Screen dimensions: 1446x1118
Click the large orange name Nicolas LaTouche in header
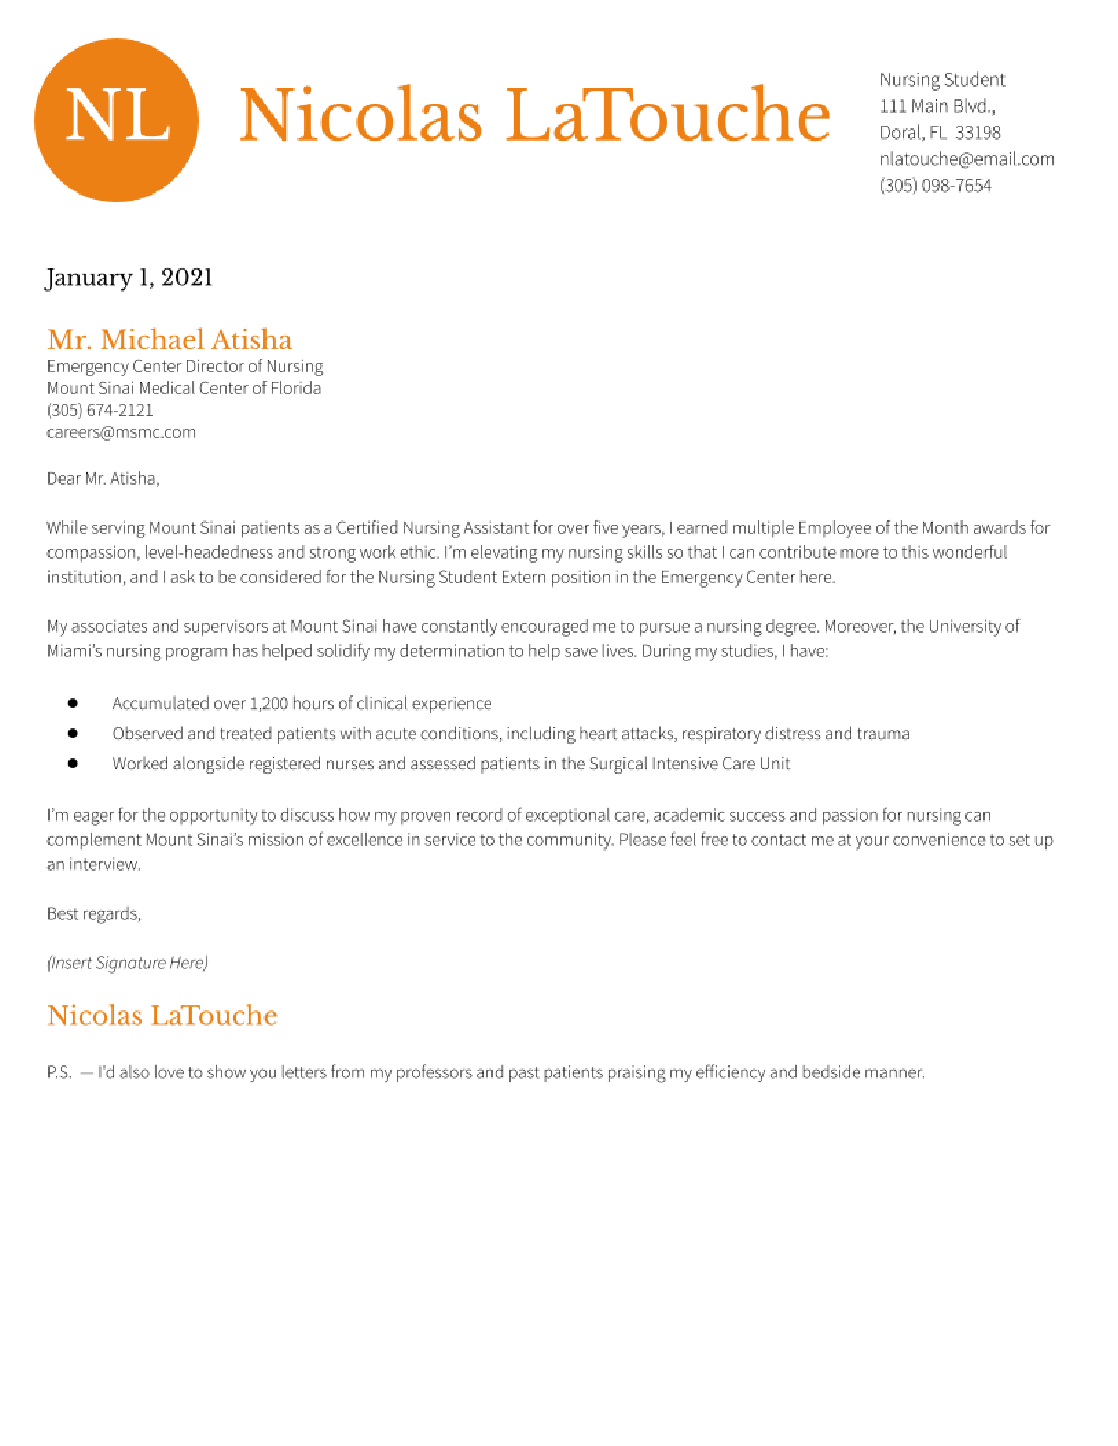pyautogui.click(x=534, y=116)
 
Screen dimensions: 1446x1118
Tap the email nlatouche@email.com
pyautogui.click(x=966, y=159)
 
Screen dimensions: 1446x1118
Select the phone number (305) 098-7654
pyautogui.click(x=935, y=185)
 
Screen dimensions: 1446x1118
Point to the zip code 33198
pyautogui.click(x=978, y=132)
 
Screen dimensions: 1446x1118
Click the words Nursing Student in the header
pyautogui.click(x=941, y=80)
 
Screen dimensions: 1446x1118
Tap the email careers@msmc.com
pyautogui.click(x=121, y=432)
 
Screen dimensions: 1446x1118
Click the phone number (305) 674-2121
pyautogui.click(x=100, y=411)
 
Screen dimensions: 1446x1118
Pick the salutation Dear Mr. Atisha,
pyautogui.click(x=103, y=478)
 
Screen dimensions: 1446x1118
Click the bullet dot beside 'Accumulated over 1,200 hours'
pyautogui.click(x=73, y=703)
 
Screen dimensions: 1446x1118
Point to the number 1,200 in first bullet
pyautogui.click(x=268, y=704)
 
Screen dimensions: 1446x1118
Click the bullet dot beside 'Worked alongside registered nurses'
pyautogui.click(x=73, y=763)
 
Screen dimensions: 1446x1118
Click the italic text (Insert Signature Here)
pyautogui.click(x=127, y=963)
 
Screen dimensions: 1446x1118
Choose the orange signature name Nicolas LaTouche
pyautogui.click(x=162, y=1016)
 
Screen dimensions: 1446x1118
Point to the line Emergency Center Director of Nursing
pyautogui.click(x=184, y=367)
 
